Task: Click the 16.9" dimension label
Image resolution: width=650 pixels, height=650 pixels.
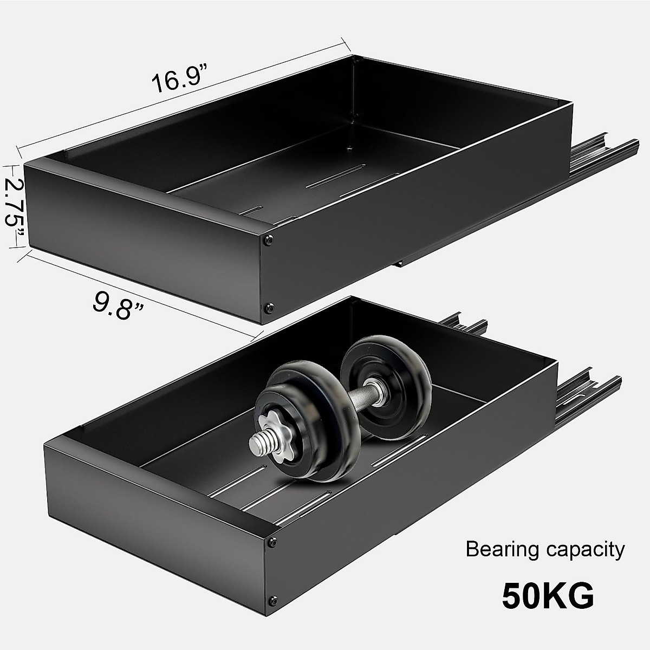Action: coord(179,79)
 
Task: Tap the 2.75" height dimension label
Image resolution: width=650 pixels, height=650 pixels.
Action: coord(14,205)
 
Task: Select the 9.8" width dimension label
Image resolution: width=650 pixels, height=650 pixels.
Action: coord(118,304)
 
